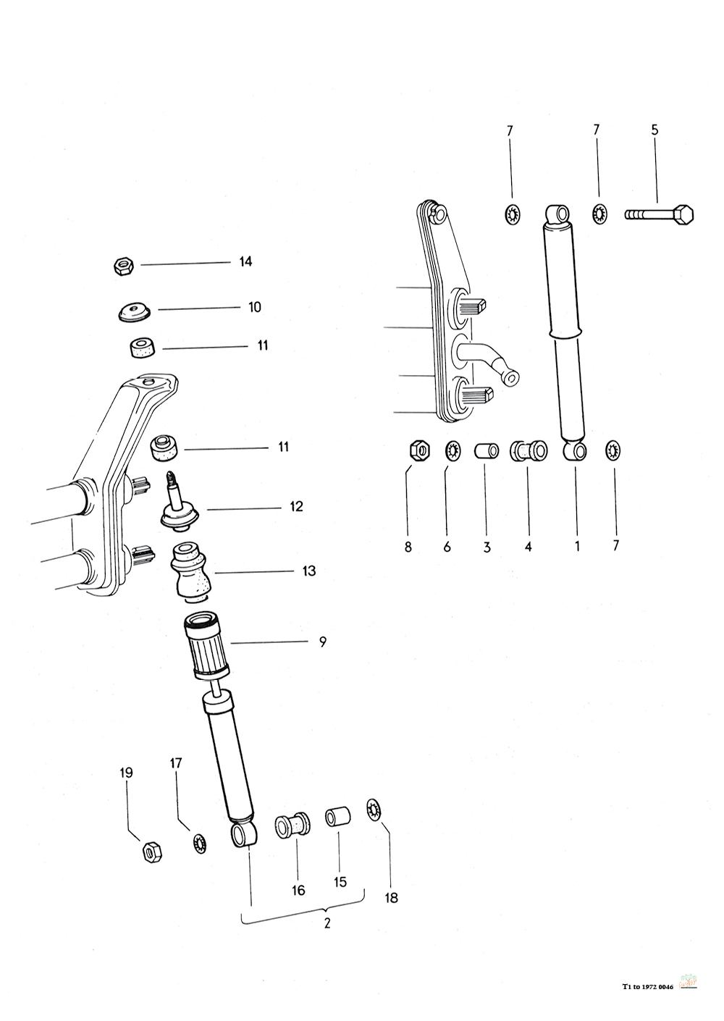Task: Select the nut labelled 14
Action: (122, 266)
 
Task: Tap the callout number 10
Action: (254, 307)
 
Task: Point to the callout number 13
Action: (309, 571)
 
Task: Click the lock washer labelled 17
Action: (198, 843)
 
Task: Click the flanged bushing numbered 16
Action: (292, 825)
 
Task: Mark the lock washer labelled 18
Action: (374, 809)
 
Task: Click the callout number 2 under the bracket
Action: (327, 924)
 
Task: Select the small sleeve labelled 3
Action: (487, 451)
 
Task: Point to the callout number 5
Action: (654, 130)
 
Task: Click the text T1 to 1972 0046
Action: (647, 986)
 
